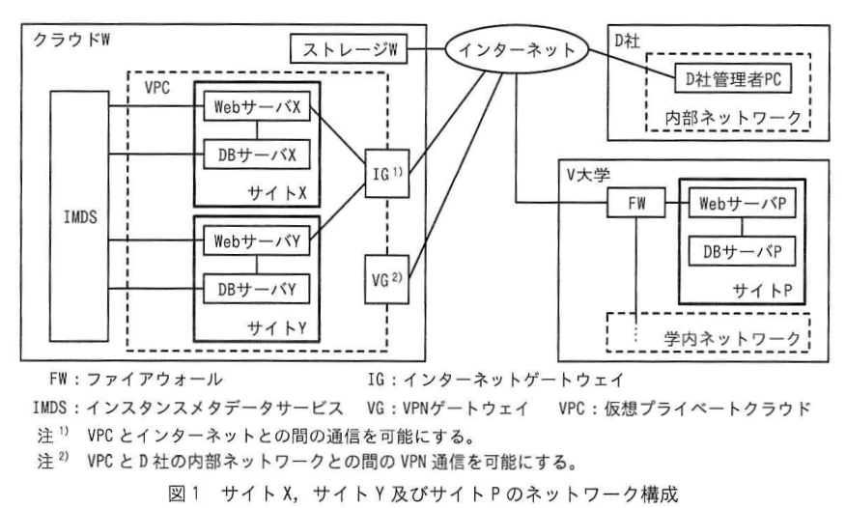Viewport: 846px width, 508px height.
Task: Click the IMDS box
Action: click(79, 216)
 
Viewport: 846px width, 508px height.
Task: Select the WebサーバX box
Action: click(257, 106)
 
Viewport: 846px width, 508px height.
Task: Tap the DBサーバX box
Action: click(257, 155)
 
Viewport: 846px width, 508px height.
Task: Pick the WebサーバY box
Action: click(257, 240)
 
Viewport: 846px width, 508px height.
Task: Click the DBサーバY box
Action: click(257, 289)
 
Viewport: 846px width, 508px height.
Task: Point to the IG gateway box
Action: click(387, 174)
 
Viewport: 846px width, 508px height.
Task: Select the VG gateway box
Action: click(387, 279)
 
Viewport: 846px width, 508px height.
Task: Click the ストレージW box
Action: click(349, 49)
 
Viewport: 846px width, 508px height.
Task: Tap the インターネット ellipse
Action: click(517, 49)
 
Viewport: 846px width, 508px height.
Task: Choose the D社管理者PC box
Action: click(733, 79)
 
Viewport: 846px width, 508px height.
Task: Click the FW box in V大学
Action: click(636, 203)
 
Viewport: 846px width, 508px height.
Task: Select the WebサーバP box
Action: click(743, 203)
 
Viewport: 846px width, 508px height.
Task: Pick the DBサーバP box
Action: click(743, 251)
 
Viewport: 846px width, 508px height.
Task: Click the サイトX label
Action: click(277, 192)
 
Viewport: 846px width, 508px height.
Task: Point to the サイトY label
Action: click(277, 327)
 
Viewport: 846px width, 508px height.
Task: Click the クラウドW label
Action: click(71, 40)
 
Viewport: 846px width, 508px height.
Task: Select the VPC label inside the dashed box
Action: click(157, 87)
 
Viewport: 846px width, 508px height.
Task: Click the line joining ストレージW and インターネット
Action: click(426, 49)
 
